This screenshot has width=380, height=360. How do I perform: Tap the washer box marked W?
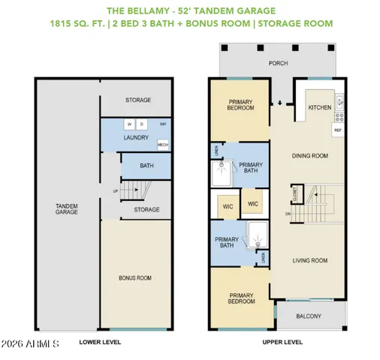click(129, 124)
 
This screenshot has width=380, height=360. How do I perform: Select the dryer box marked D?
click(141, 124)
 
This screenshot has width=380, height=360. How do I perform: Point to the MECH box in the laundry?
click(162, 144)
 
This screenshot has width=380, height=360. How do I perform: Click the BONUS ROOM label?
click(135, 277)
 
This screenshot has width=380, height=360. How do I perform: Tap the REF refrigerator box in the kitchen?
click(336, 130)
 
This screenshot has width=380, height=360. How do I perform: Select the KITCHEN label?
click(319, 107)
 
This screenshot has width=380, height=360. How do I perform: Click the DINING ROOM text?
click(310, 156)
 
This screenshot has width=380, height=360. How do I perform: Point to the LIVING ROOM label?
click(310, 261)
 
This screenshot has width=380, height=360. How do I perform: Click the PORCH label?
click(279, 64)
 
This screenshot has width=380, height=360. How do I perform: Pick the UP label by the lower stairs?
click(114, 190)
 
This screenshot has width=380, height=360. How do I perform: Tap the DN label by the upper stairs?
click(288, 214)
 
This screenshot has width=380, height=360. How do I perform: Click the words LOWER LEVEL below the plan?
click(100, 342)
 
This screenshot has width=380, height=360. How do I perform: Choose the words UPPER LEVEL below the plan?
click(282, 342)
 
